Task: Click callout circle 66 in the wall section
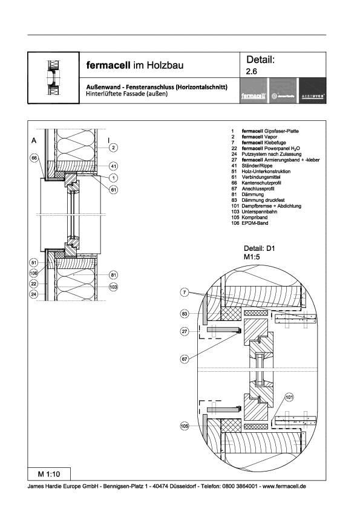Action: coord(34,158)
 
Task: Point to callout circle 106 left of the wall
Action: coord(34,273)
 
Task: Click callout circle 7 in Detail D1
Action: coord(184,293)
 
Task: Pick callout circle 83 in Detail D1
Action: coord(184,314)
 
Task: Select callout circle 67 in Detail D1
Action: coord(184,358)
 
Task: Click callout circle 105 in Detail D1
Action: coord(184,426)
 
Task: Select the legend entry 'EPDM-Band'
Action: coord(254,224)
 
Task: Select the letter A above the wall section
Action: coord(34,140)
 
